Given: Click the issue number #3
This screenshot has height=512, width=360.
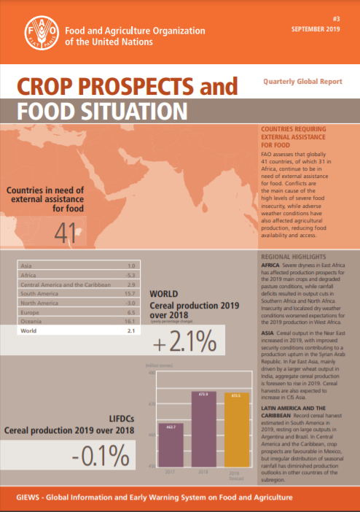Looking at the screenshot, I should point(336,20).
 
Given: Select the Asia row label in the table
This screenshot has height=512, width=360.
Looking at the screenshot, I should point(28,265).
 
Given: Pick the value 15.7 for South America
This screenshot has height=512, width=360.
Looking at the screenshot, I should point(131,292).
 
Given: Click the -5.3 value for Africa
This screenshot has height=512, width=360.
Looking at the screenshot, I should point(131,274).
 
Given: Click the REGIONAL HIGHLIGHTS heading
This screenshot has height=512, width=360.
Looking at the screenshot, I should point(293,258).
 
